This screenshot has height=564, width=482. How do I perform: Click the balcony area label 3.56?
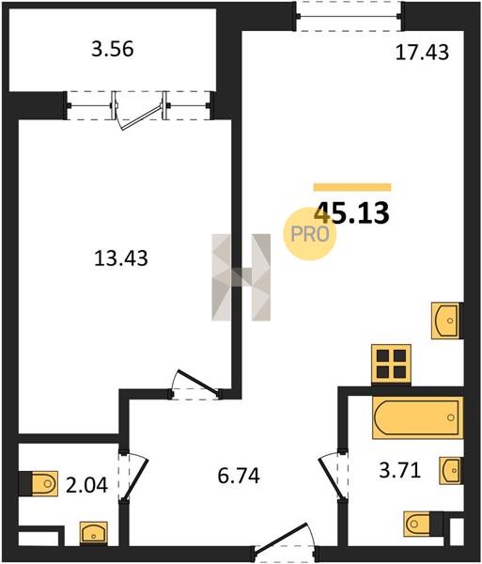click(112, 49)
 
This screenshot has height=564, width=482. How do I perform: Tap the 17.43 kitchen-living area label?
click(422, 52)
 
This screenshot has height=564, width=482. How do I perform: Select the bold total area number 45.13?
click(352, 212)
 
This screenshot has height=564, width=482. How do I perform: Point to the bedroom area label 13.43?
click(121, 258)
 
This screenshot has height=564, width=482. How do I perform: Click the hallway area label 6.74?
click(239, 476)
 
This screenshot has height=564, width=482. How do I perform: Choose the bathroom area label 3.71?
click(399, 470)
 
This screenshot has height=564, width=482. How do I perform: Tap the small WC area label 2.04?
click(86, 485)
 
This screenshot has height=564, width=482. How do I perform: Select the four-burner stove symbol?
click(391, 365)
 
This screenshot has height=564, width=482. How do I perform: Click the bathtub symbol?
click(418, 417)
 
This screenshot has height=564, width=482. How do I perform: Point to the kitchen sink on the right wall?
click(445, 321)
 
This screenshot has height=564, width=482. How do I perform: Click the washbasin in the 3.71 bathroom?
click(451, 470)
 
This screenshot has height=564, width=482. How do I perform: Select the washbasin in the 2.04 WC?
click(93, 532)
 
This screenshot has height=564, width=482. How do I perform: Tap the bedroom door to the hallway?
click(195, 385)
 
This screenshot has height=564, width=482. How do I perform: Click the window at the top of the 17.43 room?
click(349, 16)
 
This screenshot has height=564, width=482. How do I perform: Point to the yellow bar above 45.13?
click(352, 187)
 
